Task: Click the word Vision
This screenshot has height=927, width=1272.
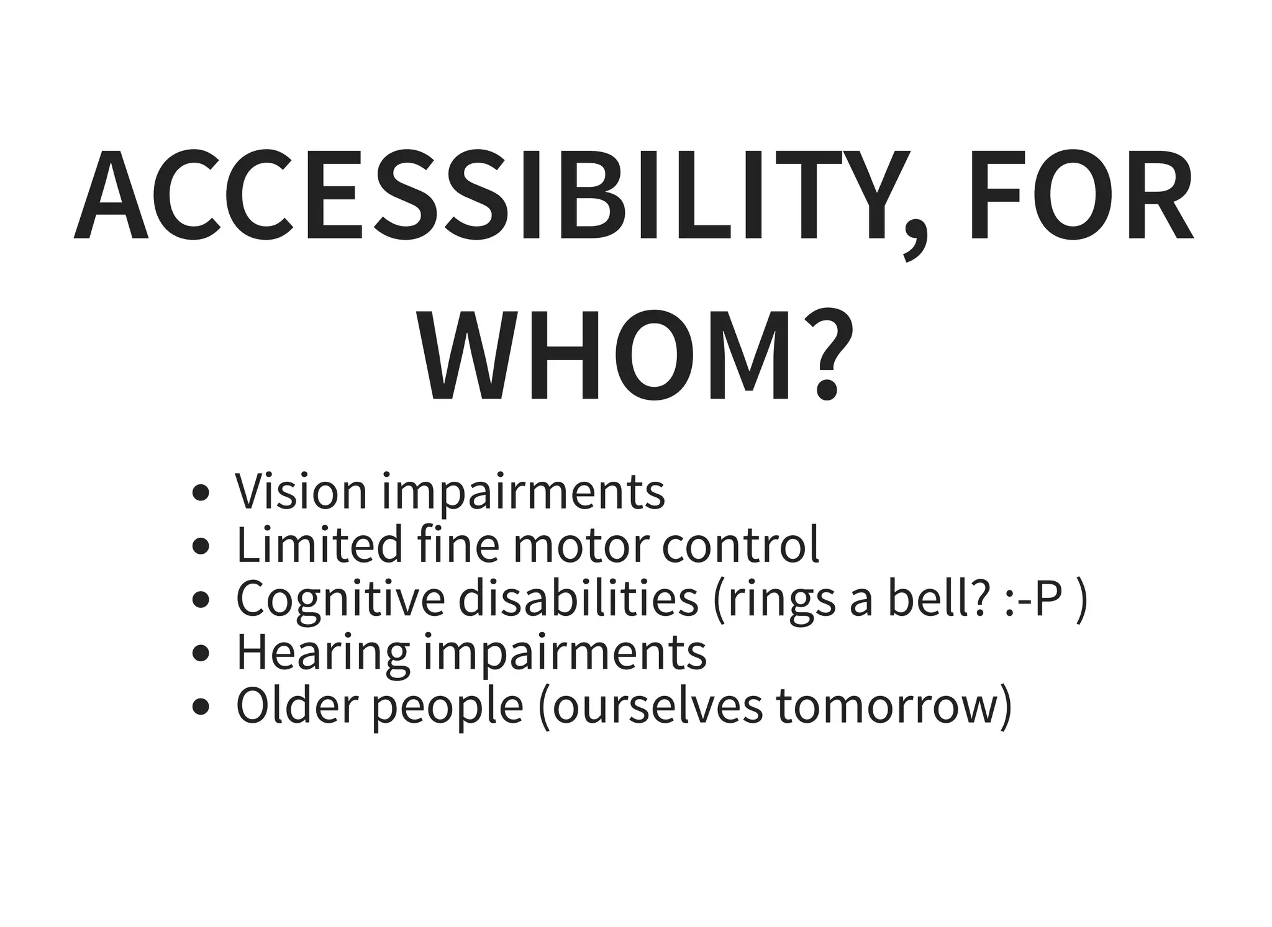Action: point(301,491)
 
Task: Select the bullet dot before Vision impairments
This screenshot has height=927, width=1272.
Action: point(200,494)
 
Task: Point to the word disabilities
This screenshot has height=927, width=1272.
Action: point(578,598)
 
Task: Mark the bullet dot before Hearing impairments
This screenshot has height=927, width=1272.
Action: point(200,654)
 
